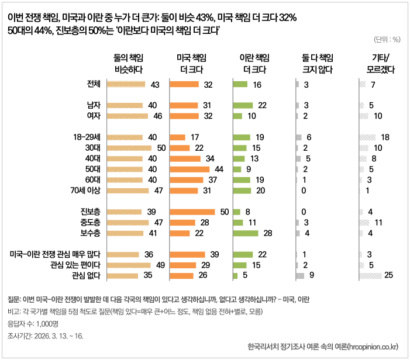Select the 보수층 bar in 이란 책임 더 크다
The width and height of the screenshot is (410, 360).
pyautogui.click(x=245, y=233)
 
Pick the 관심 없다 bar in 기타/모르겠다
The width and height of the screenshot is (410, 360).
pyautogui.click(x=370, y=275)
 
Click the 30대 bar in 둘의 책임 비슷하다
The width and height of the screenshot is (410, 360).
pyautogui.click(x=132, y=148)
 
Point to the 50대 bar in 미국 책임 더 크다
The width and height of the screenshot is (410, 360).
pyautogui.click(x=190, y=169)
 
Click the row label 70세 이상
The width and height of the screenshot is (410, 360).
pyautogui.click(x=85, y=191)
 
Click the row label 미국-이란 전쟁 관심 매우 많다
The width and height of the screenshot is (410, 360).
pyautogui.click(x=56, y=254)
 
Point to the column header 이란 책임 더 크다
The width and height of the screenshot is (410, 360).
pyautogui.click(x=254, y=63)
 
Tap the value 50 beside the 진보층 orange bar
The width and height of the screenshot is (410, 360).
pyautogui.click(x=224, y=212)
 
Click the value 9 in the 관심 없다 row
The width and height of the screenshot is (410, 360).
pyautogui.click(x=312, y=275)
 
